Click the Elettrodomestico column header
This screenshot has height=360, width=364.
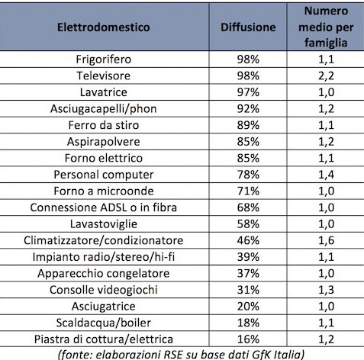coord(104,27)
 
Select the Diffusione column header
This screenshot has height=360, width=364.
coord(248,27)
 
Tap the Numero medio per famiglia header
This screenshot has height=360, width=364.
coord(326,27)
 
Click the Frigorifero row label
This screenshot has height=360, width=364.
coord(104,59)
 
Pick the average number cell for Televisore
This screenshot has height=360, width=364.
coord(326,76)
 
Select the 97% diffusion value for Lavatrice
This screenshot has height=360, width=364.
coord(248,92)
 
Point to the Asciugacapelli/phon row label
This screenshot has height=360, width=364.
coord(104,109)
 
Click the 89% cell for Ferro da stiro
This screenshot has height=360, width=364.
coord(248,125)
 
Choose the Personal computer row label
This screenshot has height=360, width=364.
coord(104,175)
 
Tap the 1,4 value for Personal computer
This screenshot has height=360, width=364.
coord(326,175)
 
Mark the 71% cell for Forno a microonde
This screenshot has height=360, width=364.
coord(248,191)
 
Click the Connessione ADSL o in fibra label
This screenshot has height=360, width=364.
coord(104,207)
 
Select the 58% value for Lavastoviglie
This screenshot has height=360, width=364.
coord(248,224)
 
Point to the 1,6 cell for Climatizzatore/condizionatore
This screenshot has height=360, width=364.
coord(326,240)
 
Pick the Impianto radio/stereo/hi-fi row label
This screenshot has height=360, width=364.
coord(104,257)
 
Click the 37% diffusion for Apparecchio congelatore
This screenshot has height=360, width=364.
coord(248,273)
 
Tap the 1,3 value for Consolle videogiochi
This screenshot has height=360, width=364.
coord(326,290)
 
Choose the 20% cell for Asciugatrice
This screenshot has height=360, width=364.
coord(248,307)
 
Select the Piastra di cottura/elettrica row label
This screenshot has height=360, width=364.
coord(104,339)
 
